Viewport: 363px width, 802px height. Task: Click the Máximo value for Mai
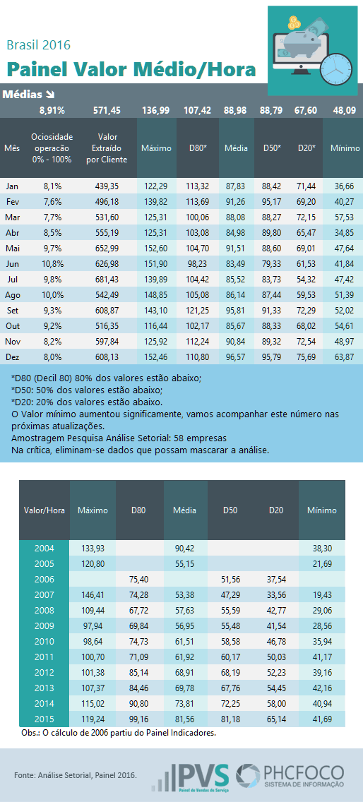[157, 249]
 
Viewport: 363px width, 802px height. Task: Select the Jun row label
[12, 265]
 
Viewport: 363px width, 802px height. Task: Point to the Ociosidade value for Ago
[51, 295]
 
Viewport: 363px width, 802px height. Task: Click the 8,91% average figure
[52, 110]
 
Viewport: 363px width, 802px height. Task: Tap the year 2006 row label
[44, 580]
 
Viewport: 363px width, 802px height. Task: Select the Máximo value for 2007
[93, 595]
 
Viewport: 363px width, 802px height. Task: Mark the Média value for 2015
[185, 719]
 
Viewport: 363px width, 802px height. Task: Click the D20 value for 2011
[276, 657]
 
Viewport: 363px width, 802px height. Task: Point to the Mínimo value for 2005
[322, 564]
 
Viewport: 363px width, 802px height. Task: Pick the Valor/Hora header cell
[44, 510]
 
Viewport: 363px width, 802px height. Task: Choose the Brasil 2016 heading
[38, 45]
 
